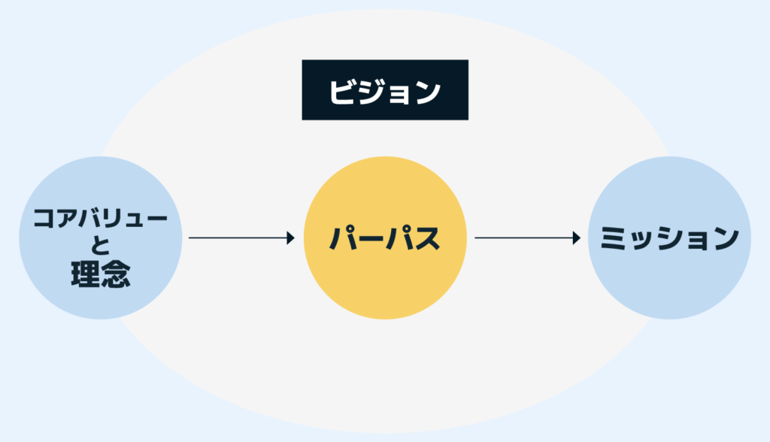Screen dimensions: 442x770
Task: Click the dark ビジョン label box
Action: (x=385, y=90)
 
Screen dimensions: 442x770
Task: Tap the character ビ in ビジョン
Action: (x=343, y=92)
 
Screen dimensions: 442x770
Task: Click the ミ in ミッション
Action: (x=615, y=238)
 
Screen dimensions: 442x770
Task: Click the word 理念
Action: (x=100, y=275)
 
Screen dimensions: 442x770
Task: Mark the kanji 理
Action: (x=85, y=275)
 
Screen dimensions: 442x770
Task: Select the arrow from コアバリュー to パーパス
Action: (x=241, y=238)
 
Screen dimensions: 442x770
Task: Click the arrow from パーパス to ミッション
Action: (x=526, y=238)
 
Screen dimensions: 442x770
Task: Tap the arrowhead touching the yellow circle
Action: (x=290, y=238)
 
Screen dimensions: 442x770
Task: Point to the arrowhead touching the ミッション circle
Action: (x=577, y=238)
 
